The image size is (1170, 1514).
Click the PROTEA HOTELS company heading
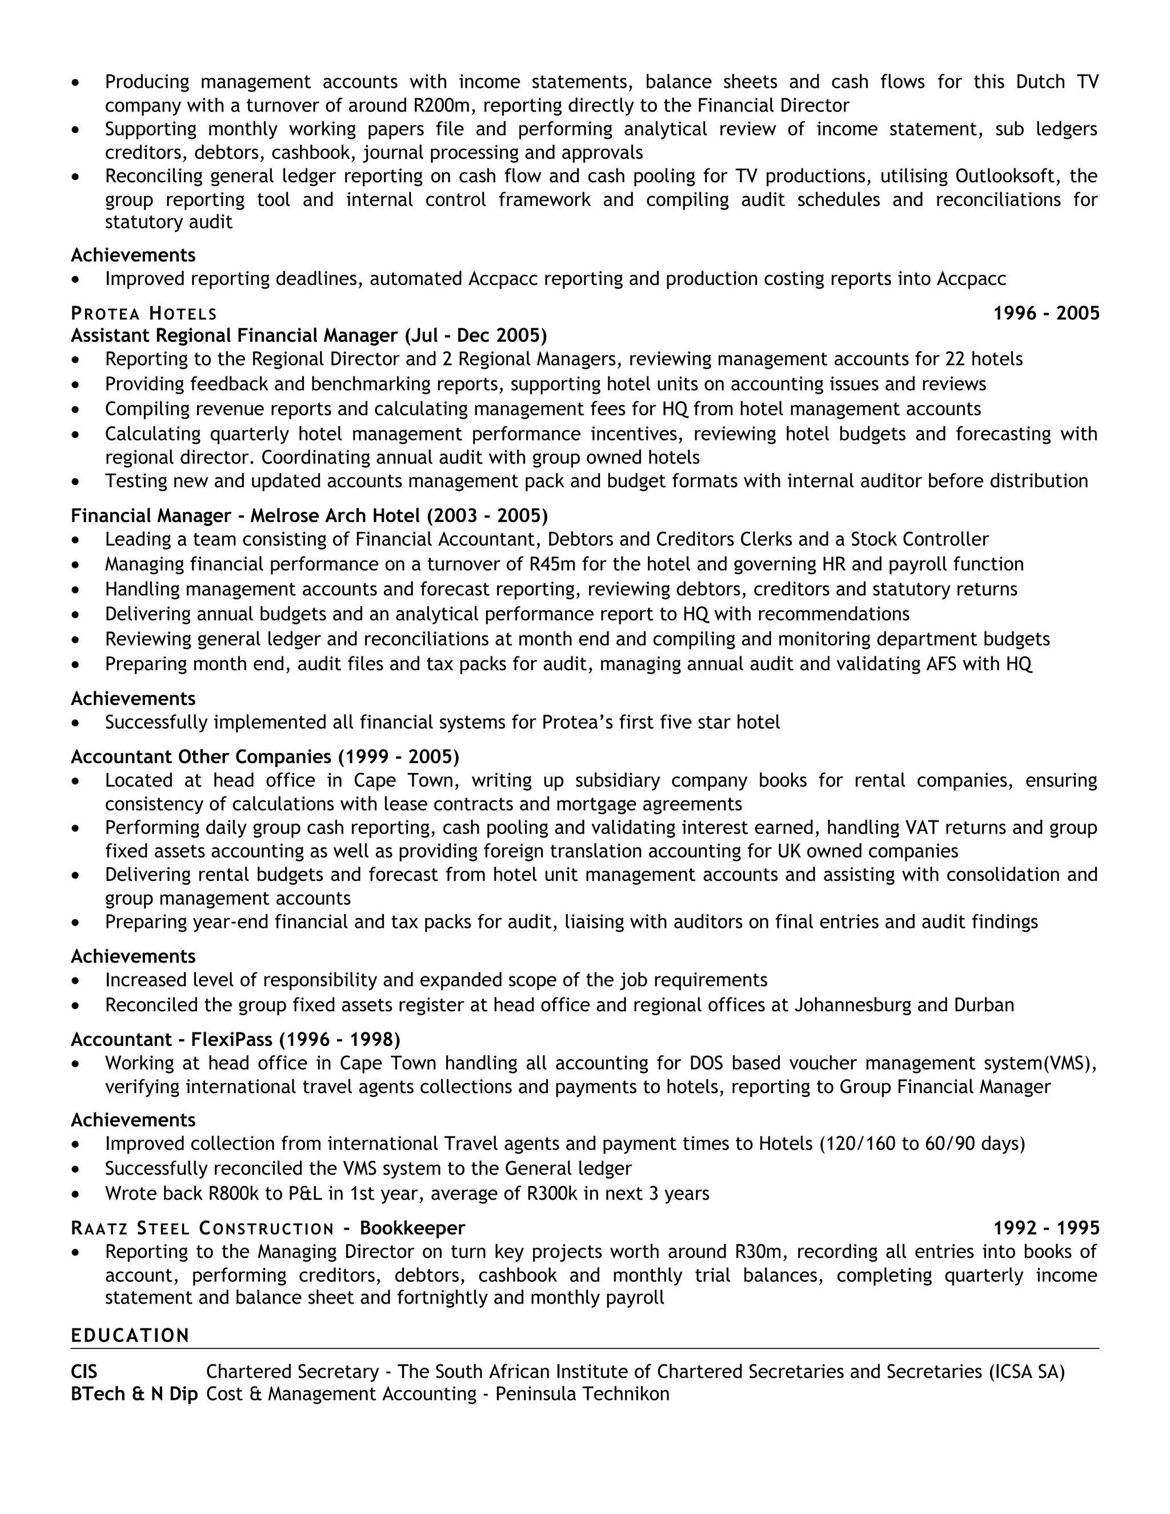point(143,313)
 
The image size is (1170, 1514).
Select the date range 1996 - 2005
point(1046,313)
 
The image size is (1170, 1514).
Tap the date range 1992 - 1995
point(1046,1228)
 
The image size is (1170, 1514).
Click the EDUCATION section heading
point(130,1336)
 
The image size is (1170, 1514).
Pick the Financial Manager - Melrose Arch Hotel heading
point(308,516)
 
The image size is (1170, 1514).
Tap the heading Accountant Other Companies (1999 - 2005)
point(265,756)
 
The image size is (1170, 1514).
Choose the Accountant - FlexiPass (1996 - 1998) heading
point(235,1039)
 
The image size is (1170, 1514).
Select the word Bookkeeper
point(412,1228)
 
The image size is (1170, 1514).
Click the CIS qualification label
point(84,1371)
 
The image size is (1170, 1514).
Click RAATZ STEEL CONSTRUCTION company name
point(202,1228)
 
